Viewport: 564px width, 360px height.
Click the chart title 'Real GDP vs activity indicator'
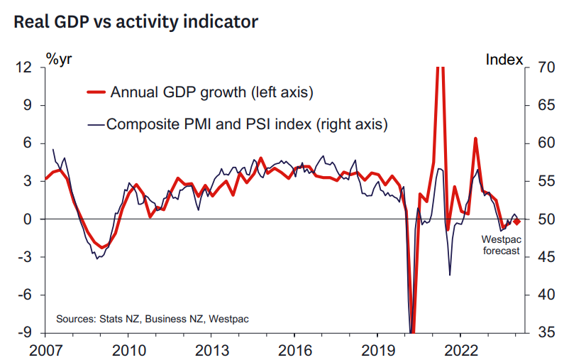point(135,23)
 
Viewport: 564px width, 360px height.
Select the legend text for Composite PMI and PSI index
point(247,124)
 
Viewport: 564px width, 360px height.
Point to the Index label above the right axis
point(504,60)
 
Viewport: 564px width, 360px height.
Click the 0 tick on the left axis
point(28,219)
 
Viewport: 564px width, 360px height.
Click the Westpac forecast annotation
point(502,245)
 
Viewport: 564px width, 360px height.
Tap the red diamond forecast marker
point(516,222)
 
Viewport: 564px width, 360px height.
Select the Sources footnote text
point(152,319)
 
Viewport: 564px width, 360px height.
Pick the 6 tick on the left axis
point(28,143)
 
